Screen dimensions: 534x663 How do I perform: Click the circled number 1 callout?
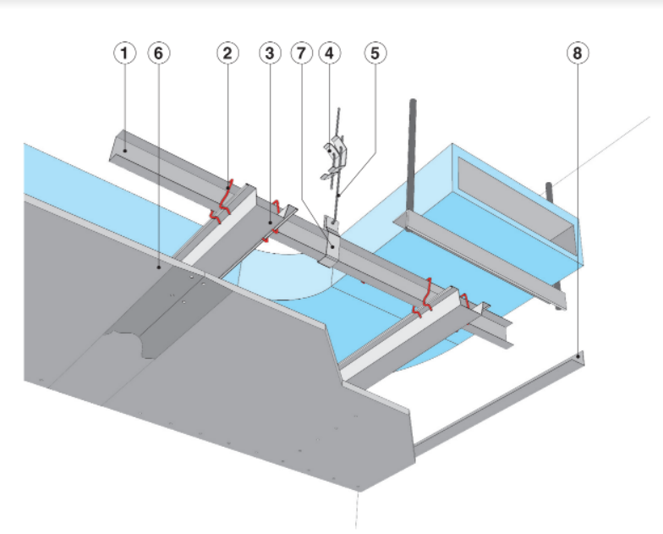(125, 52)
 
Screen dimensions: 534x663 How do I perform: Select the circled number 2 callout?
(227, 52)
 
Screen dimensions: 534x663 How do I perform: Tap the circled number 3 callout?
(269, 52)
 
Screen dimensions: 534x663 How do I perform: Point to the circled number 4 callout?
(329, 52)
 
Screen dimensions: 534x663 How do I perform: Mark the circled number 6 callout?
(158, 52)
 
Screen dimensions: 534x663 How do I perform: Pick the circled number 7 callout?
(299, 52)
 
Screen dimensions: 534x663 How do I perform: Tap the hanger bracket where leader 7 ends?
(332, 245)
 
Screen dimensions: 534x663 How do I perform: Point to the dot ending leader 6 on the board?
(159, 265)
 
